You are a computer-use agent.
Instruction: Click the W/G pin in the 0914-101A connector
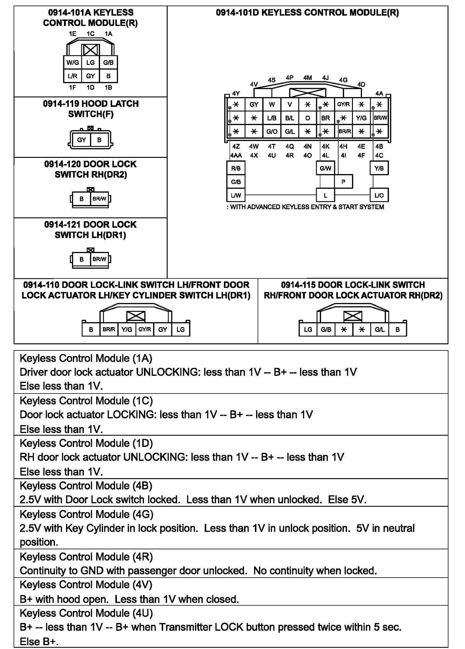click(72, 63)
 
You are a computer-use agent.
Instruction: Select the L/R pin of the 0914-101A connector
click(72, 76)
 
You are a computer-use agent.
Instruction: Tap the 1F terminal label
click(72, 87)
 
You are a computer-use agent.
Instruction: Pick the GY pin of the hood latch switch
click(81, 140)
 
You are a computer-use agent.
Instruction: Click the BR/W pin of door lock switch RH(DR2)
click(99, 199)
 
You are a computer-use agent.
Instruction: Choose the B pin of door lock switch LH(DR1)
click(82, 259)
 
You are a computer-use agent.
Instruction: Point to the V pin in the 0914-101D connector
click(290, 104)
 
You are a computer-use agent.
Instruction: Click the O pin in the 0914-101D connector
click(307, 118)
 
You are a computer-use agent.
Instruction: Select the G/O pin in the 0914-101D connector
click(272, 132)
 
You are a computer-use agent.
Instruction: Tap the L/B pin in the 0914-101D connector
click(272, 118)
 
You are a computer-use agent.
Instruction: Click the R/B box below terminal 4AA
click(236, 168)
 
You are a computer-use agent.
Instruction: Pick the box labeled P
click(343, 182)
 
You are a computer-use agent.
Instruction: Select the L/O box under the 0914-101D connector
click(379, 195)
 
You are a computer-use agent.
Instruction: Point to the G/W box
click(325, 168)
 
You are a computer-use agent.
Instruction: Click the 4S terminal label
click(272, 80)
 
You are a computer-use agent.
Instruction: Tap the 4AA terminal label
click(236, 156)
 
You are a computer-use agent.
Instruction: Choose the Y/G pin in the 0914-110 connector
click(127, 329)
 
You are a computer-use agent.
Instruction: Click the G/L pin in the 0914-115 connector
click(380, 329)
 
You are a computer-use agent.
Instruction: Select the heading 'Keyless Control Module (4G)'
click(86, 514)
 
